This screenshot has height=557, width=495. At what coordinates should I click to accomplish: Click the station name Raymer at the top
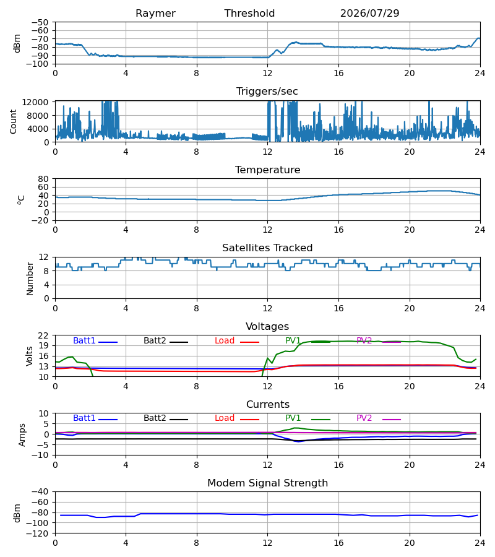155,14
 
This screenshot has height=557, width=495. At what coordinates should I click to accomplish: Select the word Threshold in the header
249,13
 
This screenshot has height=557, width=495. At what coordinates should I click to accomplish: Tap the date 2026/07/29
369,14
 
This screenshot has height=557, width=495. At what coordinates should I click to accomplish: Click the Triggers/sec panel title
267,92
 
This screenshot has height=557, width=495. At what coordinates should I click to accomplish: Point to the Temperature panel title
267,170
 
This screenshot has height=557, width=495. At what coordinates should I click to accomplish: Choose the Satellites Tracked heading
267,248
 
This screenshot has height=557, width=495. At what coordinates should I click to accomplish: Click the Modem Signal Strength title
267,483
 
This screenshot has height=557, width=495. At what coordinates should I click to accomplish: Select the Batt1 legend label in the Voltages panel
84,340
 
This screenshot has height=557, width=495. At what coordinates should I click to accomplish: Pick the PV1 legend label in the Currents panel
293,418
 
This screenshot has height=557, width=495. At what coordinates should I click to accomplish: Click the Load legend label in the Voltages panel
225,340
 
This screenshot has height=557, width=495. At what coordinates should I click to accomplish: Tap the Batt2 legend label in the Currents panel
155,418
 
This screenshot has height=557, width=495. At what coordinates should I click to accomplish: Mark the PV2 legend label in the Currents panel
364,418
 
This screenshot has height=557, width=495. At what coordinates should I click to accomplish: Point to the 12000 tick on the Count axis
35,102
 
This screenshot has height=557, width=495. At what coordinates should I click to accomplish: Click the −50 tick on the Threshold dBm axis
40,22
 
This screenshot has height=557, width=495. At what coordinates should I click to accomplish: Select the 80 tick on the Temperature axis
43,179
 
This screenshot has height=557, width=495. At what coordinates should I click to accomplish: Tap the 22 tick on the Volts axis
43,335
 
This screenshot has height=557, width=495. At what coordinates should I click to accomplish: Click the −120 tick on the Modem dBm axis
38,533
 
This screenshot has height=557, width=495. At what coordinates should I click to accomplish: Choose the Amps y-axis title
22,435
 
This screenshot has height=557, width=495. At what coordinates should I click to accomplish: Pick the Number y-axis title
30,279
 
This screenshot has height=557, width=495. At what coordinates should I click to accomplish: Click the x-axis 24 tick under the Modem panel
480,543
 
